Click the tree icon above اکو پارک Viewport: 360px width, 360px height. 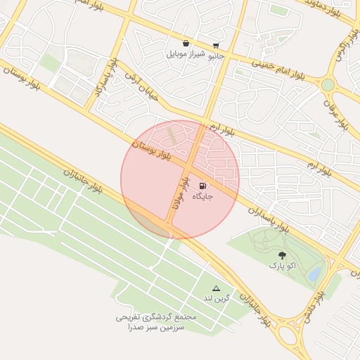pyautogui.click(x=282, y=256)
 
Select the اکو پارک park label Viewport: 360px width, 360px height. pyautogui.click(x=282, y=266)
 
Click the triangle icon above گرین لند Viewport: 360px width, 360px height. pyautogui.click(x=216, y=288)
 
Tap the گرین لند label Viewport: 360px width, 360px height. pyautogui.click(x=216, y=299)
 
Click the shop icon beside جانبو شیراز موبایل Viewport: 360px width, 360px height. pyautogui.click(x=186, y=44)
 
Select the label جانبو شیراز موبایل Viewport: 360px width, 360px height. pyautogui.click(x=195, y=54)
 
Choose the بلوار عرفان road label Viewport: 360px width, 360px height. pyautogui.click(x=335, y=116)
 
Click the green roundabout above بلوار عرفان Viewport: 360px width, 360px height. pyautogui.click(x=328, y=85)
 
